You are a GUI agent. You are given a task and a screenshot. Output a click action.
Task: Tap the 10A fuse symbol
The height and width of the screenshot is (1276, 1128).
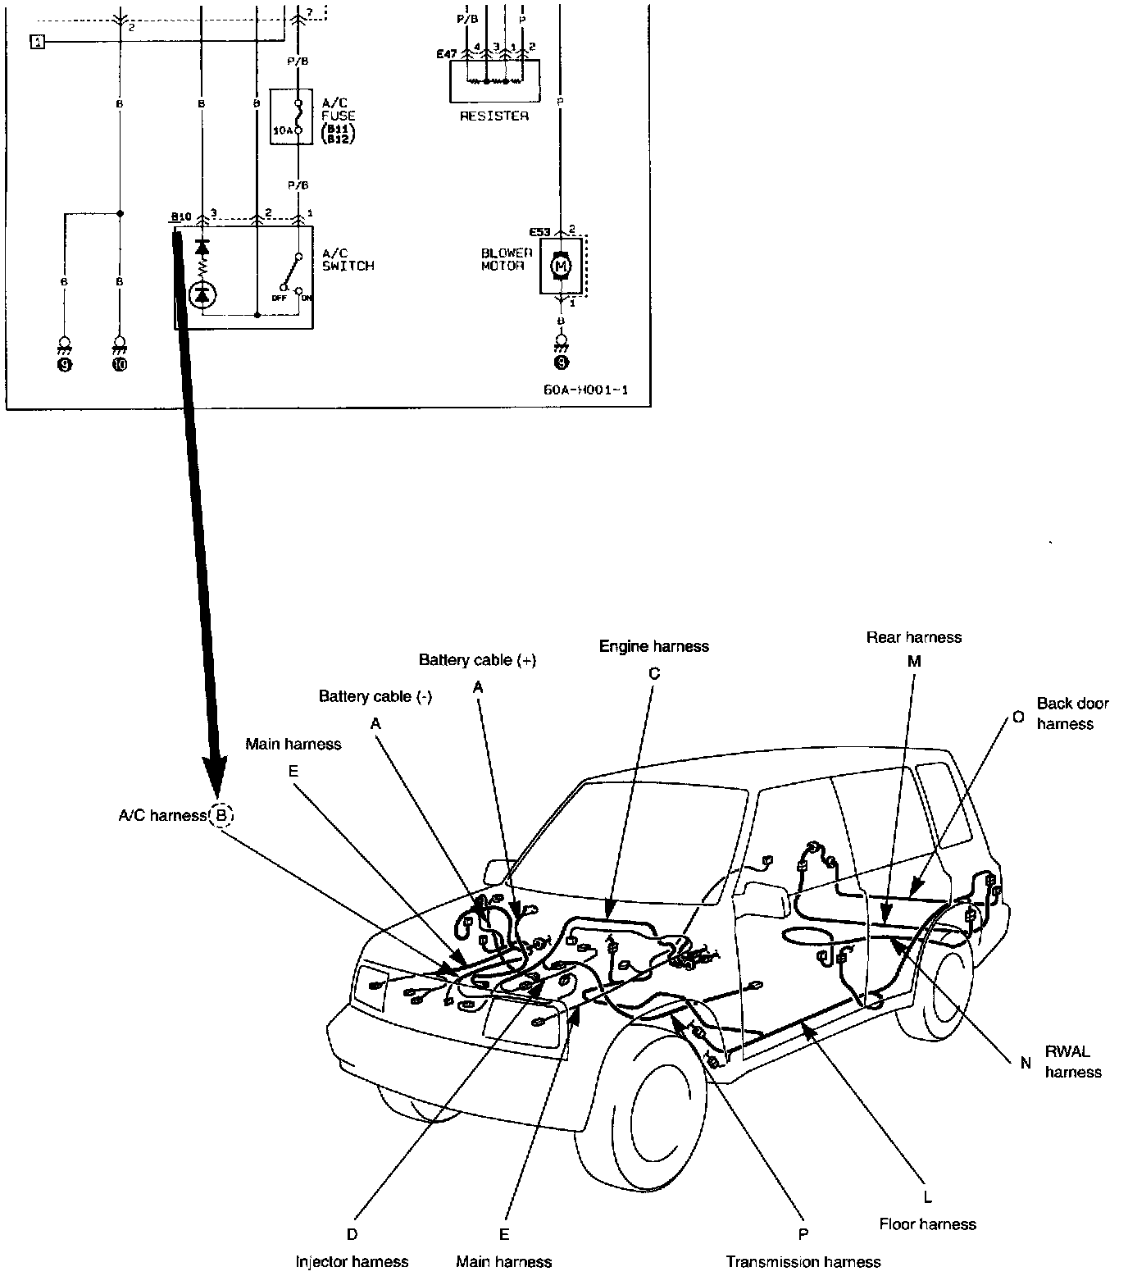point(300,118)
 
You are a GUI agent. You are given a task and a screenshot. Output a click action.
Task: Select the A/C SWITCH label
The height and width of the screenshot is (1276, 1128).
point(348,260)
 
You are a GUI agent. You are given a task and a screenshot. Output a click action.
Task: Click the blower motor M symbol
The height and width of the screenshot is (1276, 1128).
point(561,265)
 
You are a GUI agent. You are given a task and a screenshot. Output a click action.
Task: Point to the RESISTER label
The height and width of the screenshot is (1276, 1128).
point(493,116)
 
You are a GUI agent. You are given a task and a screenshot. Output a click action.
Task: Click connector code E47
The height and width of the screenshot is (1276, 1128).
point(447,54)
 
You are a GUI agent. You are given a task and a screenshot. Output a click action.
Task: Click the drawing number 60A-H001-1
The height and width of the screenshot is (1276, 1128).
point(585,390)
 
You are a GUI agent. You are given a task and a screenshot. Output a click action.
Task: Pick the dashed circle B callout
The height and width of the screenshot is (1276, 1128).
point(221,815)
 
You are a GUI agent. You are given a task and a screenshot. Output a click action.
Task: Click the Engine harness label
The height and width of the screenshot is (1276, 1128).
point(653,646)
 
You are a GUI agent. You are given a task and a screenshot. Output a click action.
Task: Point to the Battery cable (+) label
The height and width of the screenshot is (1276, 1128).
point(477,660)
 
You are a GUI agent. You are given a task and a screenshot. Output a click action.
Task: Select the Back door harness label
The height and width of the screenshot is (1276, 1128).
point(1071,713)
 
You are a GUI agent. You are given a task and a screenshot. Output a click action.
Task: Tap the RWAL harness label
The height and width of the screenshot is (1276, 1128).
point(1072,1061)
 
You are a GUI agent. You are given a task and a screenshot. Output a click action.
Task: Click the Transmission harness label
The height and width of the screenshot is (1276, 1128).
point(803,1261)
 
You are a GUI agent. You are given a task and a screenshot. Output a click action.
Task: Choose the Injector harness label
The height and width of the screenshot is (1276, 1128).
point(352,1261)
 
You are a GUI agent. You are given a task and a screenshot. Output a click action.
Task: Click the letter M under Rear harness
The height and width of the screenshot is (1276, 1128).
point(914,661)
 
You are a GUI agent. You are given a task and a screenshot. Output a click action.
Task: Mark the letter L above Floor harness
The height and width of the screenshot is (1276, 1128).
point(927,1197)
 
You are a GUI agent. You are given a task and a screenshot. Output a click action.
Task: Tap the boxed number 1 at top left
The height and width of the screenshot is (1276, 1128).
point(38,42)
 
